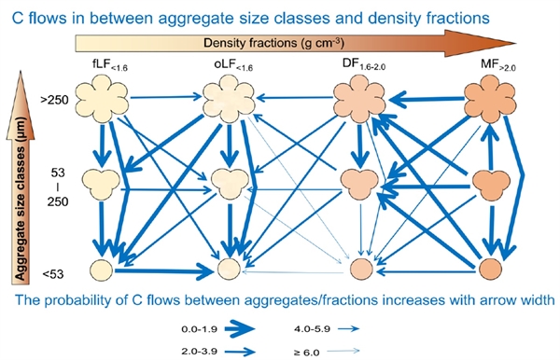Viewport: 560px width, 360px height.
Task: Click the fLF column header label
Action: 109,65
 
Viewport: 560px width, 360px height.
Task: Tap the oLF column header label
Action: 233,65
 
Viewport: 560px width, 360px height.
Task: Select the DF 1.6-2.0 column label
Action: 364,64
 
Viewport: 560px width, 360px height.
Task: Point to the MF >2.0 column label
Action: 498,65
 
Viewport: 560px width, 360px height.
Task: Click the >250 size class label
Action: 54,100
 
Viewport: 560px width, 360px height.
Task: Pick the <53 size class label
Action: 53,274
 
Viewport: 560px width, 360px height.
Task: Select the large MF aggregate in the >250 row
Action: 490,99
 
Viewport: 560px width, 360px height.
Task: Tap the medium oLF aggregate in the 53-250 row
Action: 230,183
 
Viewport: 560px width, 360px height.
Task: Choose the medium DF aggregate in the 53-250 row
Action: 359,184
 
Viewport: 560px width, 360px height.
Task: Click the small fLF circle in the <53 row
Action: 102,270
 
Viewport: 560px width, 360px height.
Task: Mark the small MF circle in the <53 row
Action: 490,269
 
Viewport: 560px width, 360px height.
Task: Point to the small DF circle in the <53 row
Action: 361,269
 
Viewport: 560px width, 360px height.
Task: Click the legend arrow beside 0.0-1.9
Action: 240,328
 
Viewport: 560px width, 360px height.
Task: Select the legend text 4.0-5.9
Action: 312,329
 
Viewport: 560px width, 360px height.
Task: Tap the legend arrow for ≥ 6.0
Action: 343,351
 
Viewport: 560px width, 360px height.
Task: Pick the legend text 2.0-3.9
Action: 199,351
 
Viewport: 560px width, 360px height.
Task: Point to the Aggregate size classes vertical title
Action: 21,200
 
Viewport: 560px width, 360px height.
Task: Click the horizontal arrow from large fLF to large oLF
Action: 166,97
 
